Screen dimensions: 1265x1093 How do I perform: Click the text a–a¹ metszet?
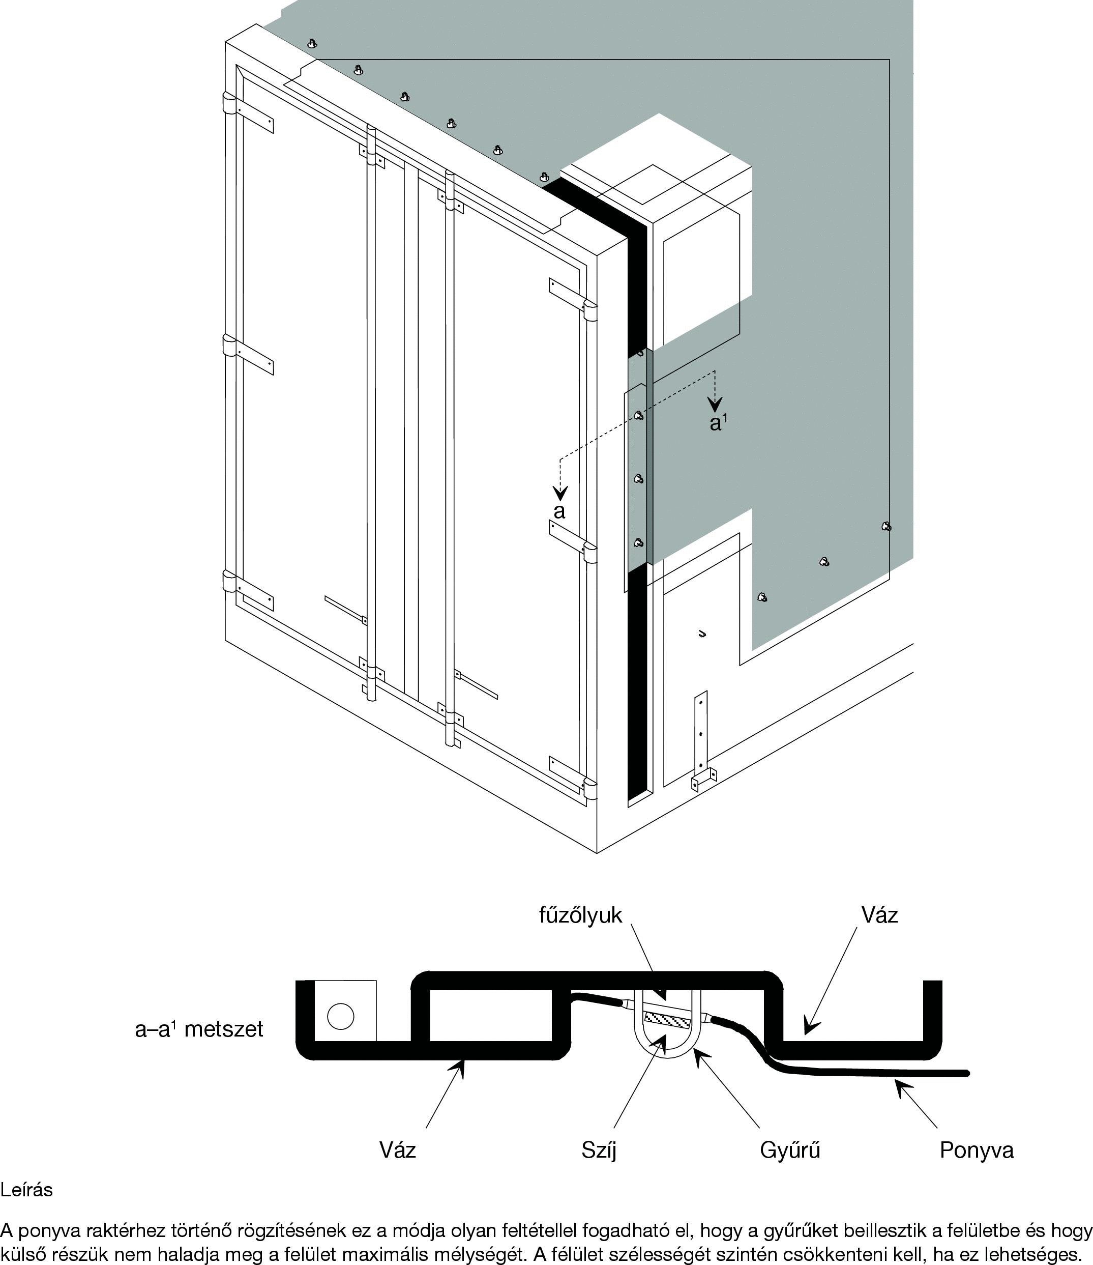pyautogui.click(x=199, y=1029)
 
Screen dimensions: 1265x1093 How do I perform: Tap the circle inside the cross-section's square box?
pyautogui.click(x=341, y=1016)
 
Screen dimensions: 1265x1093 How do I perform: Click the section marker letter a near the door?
pyautogui.click(x=559, y=511)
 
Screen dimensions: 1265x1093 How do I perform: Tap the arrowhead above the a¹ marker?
pyautogui.click(x=715, y=404)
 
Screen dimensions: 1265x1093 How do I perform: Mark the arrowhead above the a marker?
pyautogui.click(x=560, y=492)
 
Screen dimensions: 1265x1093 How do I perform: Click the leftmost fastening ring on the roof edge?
pyautogui.click(x=312, y=43)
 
